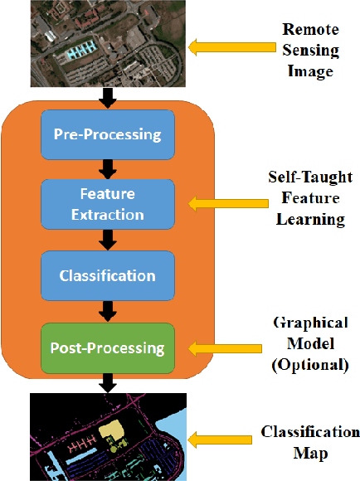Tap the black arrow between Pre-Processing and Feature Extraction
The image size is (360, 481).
click(x=107, y=169)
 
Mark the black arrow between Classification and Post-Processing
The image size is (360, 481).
click(x=107, y=311)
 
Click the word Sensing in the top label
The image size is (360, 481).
click(x=309, y=51)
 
